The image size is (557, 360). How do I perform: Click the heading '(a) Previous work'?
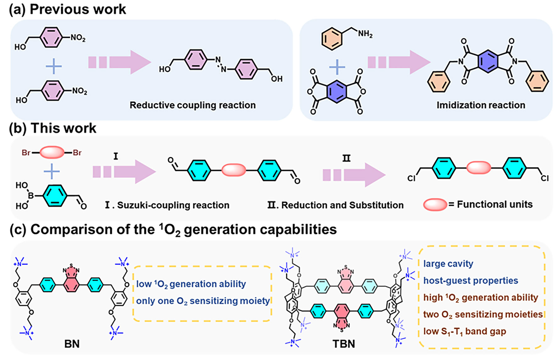(x=67, y=9)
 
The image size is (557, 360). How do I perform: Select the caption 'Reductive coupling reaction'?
(x=192, y=105)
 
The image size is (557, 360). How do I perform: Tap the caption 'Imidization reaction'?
(x=481, y=105)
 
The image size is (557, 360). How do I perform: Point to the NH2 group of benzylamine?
(x=365, y=34)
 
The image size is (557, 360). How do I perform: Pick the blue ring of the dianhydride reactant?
(x=337, y=92)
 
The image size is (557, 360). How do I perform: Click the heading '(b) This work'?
(x=52, y=128)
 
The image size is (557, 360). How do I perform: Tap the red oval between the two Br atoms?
(x=52, y=152)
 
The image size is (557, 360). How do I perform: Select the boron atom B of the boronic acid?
(x=31, y=196)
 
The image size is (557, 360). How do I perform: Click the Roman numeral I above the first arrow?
(x=116, y=156)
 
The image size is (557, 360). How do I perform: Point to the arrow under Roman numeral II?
(x=354, y=175)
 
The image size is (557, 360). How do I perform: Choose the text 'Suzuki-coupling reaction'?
(x=173, y=205)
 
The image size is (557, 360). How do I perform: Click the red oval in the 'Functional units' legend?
(x=435, y=205)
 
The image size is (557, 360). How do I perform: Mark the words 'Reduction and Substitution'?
(x=342, y=205)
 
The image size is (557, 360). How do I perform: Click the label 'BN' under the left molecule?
(x=72, y=344)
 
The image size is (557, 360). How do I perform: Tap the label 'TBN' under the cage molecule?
(x=344, y=344)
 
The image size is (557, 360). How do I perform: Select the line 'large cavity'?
(x=448, y=263)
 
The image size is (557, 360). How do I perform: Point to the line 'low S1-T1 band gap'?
(x=465, y=331)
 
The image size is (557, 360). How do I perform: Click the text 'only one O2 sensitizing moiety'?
(x=203, y=301)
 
